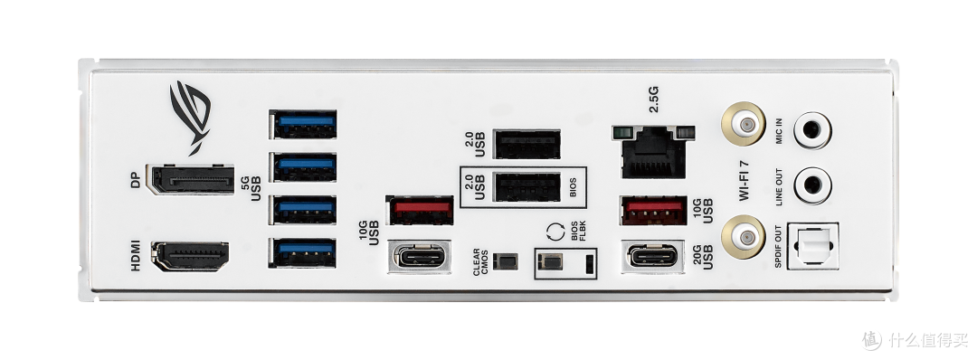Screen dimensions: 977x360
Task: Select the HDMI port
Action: coord(190,256)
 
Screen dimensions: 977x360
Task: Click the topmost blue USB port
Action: coord(303,124)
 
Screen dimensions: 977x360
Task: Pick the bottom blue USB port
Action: coord(303,252)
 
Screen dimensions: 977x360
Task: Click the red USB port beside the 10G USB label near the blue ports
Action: coord(420,210)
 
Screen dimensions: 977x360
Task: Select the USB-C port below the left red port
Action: coord(420,256)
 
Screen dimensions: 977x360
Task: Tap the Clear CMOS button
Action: coord(506,261)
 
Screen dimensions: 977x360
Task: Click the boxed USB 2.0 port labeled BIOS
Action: coord(527,187)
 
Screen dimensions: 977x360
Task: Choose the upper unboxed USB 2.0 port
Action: coord(527,144)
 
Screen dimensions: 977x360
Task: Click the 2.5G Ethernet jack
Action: coord(653,151)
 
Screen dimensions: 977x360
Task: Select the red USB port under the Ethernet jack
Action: coord(654,211)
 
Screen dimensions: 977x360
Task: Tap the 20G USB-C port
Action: coord(653,256)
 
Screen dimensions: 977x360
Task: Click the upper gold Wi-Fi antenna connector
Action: coord(744,124)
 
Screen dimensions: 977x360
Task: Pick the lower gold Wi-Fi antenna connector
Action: coord(744,237)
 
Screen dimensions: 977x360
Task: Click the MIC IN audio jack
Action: coord(811,129)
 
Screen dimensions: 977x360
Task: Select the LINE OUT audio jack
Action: coord(811,185)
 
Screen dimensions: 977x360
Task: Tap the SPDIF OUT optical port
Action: coord(812,246)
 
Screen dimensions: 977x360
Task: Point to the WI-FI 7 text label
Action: coord(744,181)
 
